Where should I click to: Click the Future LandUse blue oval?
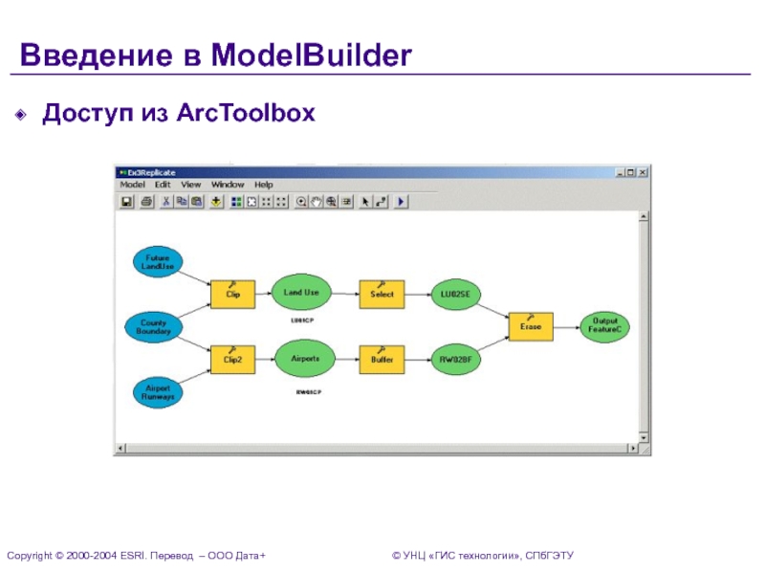coord(157,262)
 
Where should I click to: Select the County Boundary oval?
coord(153,327)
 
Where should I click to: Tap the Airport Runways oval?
coord(156,392)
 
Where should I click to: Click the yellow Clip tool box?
coord(232,295)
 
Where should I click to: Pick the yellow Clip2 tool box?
coord(232,360)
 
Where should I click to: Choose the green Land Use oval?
coord(302,292)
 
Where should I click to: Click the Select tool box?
coord(382,294)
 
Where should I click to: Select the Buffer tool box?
coord(382,360)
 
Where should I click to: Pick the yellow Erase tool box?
coord(531,326)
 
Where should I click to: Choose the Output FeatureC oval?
coord(605,326)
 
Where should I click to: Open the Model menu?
coord(132,185)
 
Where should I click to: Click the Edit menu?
coord(163,185)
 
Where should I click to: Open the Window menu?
coord(228,185)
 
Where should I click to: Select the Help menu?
coord(264,185)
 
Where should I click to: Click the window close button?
coord(644,172)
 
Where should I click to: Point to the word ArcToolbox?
coord(245,114)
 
